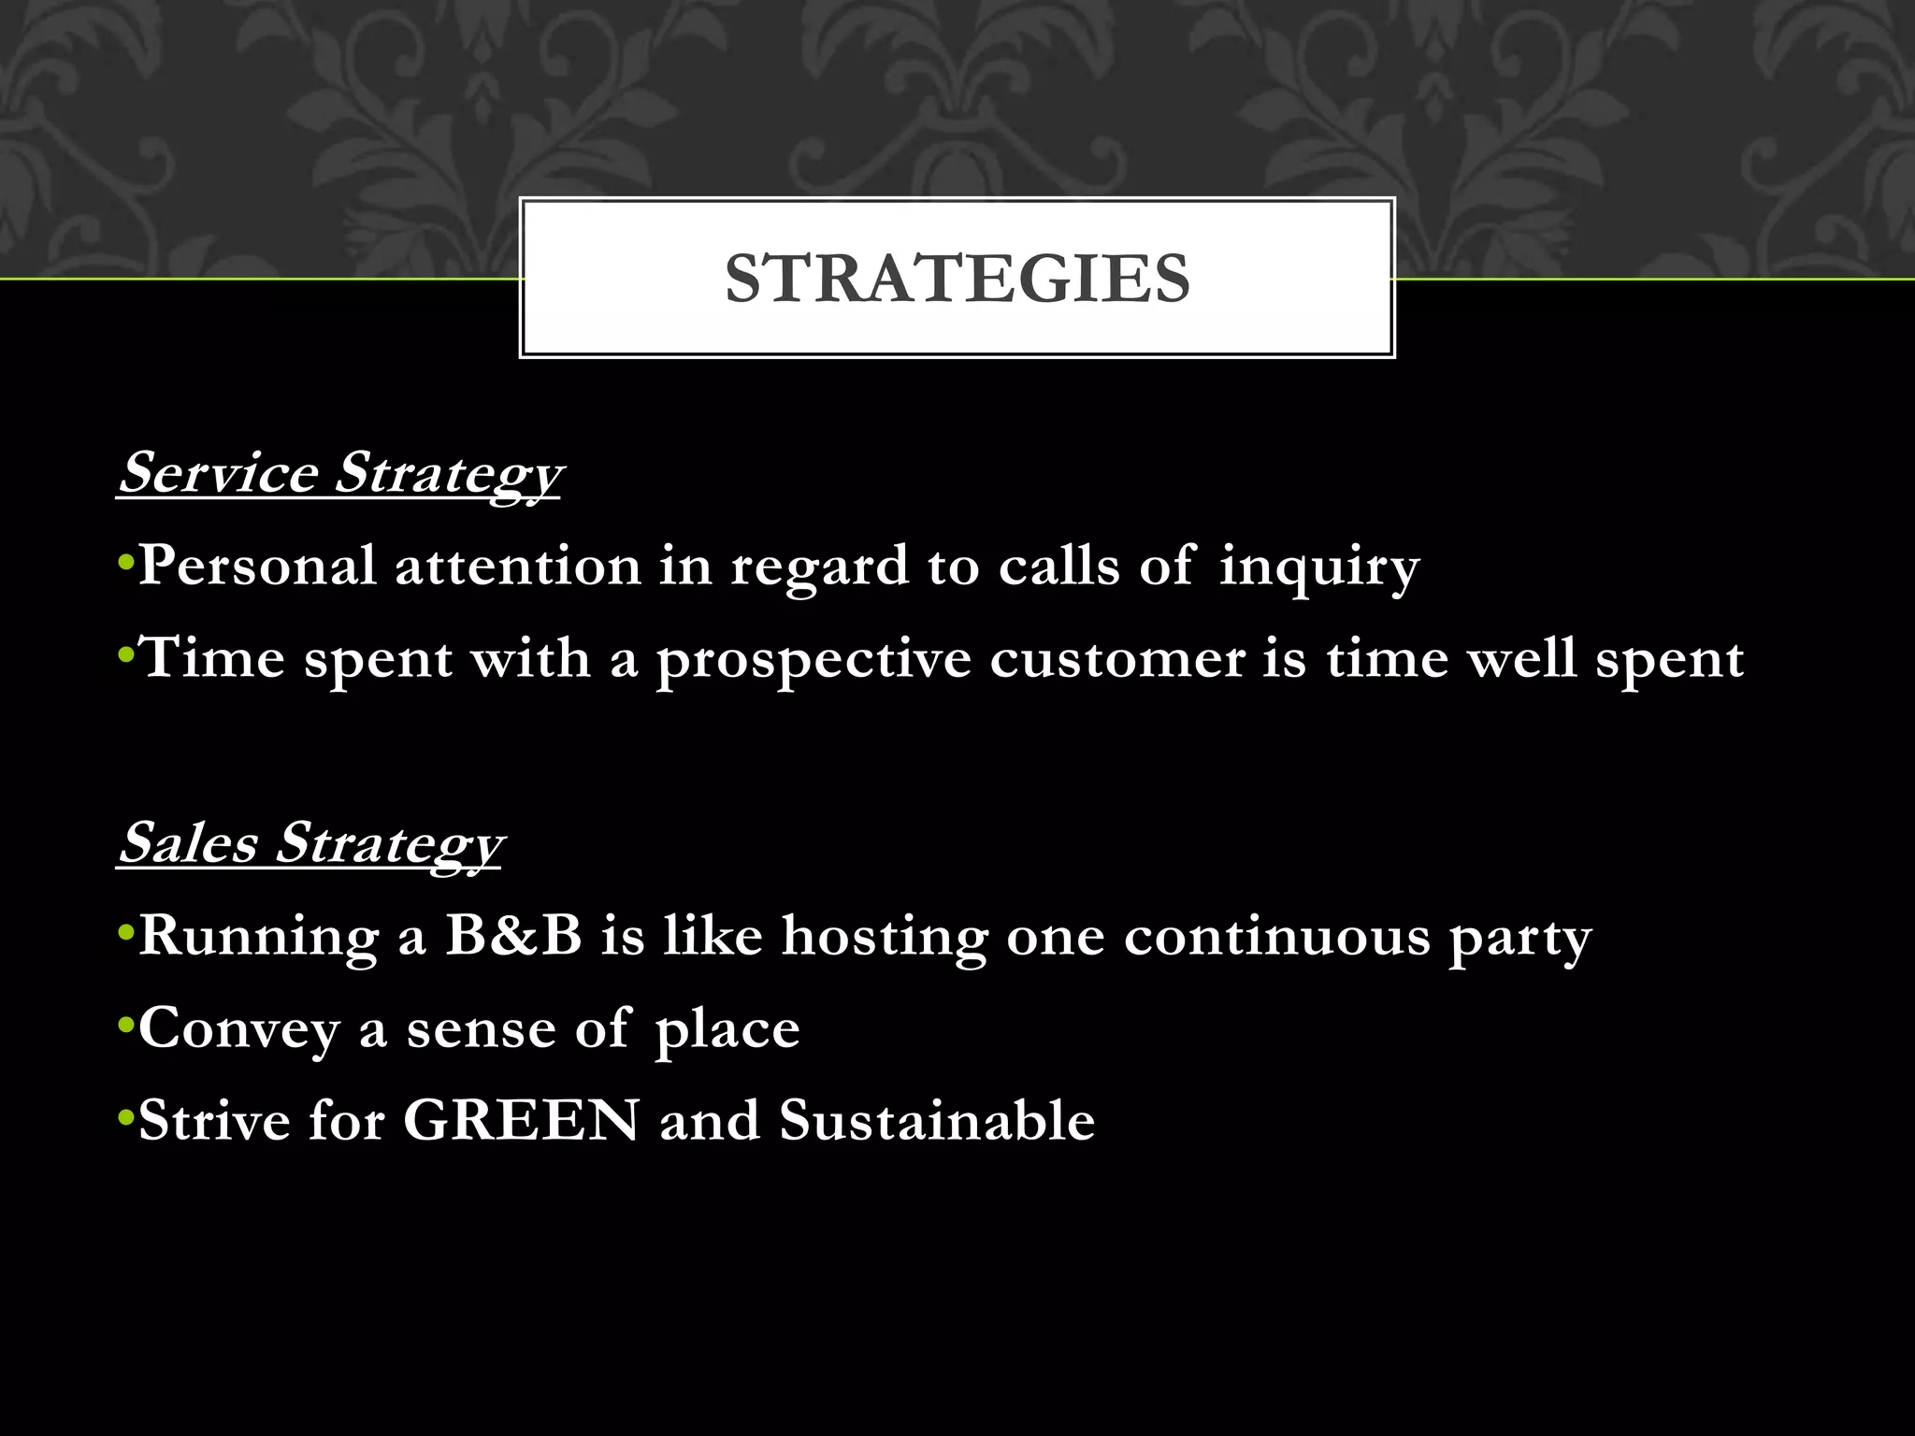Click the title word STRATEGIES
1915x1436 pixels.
coord(957,279)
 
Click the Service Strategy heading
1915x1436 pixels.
coord(340,473)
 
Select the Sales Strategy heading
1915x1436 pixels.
coord(310,843)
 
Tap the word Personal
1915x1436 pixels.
coord(257,566)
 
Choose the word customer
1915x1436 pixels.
coord(1117,658)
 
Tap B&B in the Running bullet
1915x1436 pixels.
coord(513,935)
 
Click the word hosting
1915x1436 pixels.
coord(885,937)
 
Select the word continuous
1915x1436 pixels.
coord(1277,936)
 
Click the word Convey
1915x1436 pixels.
coord(239,1029)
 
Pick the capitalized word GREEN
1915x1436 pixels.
coord(521,1120)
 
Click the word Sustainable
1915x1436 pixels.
coord(937,1120)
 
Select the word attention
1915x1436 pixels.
coord(517,567)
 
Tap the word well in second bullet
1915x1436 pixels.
coord(1521,658)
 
